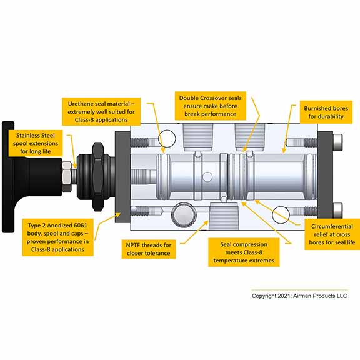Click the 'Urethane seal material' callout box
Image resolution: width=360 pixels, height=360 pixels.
click(x=101, y=112)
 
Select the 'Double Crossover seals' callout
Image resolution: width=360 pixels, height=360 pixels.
click(x=210, y=106)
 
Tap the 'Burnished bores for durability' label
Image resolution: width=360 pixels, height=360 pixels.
click(x=326, y=112)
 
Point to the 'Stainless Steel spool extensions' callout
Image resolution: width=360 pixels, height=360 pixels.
click(x=36, y=143)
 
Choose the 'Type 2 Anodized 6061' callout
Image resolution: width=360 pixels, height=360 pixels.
click(x=58, y=237)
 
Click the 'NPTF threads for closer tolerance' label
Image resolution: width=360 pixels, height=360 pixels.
click(x=149, y=249)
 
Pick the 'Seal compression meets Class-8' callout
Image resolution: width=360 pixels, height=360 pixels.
click(x=244, y=252)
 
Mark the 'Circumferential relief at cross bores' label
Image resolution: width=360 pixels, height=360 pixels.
click(x=332, y=234)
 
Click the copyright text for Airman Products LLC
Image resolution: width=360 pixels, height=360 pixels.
click(x=299, y=296)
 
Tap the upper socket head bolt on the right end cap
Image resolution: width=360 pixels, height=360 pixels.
click(x=337, y=142)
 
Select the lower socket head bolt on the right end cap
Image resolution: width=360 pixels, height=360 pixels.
click(x=337, y=211)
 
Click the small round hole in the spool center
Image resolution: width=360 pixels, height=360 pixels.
click(x=207, y=177)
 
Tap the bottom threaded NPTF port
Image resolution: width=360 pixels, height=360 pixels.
click(x=224, y=216)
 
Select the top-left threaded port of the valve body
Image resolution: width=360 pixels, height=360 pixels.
click(x=198, y=137)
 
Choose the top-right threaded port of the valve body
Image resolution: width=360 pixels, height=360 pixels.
click(x=250, y=137)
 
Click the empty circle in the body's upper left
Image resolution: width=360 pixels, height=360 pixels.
click(x=167, y=139)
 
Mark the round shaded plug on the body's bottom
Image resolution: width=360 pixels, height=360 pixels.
click(x=184, y=215)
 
